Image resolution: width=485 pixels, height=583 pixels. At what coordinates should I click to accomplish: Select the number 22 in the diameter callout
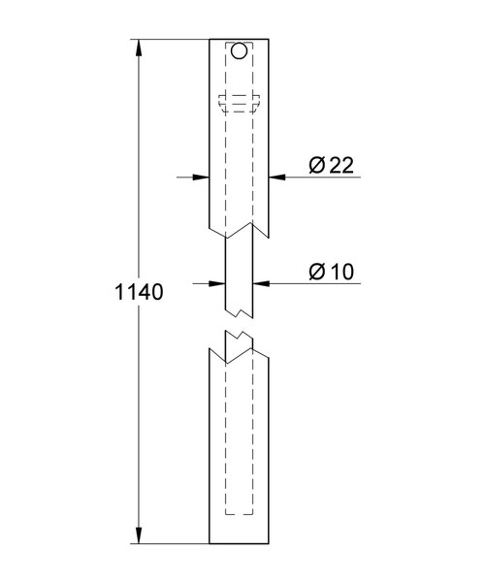339,166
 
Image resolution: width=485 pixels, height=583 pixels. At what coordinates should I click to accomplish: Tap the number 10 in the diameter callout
339,272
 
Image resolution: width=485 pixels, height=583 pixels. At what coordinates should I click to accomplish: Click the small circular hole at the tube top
240,50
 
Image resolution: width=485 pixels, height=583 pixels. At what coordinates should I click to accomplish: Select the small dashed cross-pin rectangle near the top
240,99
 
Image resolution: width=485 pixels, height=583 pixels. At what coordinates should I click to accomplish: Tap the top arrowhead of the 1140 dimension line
142,47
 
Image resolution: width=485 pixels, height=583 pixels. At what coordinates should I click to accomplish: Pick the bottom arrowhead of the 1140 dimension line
142,536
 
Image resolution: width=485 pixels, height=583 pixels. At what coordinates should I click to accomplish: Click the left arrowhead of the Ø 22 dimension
203,177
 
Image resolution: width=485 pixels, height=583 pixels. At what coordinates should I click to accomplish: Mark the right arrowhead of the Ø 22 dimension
277,177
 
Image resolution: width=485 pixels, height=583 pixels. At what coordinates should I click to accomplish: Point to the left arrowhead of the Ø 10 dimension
218,282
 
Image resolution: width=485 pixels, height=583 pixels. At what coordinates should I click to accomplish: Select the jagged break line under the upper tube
240,232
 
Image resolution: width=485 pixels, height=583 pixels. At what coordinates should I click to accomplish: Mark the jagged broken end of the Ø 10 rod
240,312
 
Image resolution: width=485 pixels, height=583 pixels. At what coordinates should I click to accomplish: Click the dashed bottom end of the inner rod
240,513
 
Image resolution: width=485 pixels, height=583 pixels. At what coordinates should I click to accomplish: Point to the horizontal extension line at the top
175,38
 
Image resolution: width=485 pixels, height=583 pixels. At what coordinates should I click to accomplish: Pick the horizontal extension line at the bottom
175,545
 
